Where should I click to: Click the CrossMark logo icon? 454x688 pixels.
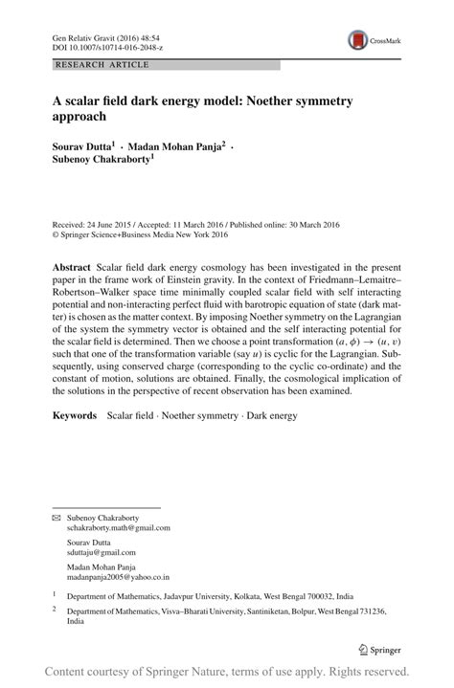pos(357,39)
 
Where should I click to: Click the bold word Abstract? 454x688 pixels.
pos(72,262)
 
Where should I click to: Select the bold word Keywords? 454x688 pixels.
pos(75,416)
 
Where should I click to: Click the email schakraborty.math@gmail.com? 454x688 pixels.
pos(118,527)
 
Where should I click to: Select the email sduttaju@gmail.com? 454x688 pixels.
pos(101,552)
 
